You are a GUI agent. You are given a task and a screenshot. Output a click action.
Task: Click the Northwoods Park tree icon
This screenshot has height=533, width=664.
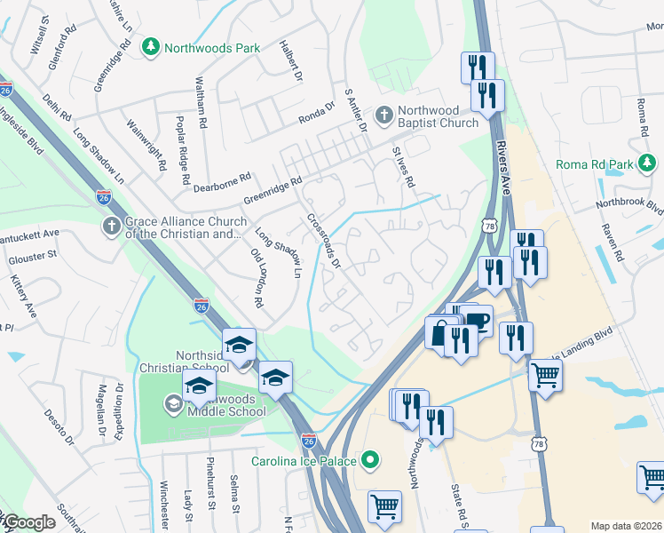152,45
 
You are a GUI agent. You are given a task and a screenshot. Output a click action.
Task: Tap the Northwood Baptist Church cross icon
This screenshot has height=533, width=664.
383,114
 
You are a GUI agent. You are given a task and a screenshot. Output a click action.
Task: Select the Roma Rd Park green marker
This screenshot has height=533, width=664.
649,163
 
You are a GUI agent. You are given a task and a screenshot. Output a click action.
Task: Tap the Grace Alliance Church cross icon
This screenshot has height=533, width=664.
111,227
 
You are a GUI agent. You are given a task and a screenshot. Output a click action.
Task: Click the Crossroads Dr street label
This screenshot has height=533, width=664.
324,241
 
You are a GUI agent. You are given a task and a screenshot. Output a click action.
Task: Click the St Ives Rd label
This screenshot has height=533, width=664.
404,166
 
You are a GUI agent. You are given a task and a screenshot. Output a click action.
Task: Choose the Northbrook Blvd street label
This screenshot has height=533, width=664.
632,204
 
